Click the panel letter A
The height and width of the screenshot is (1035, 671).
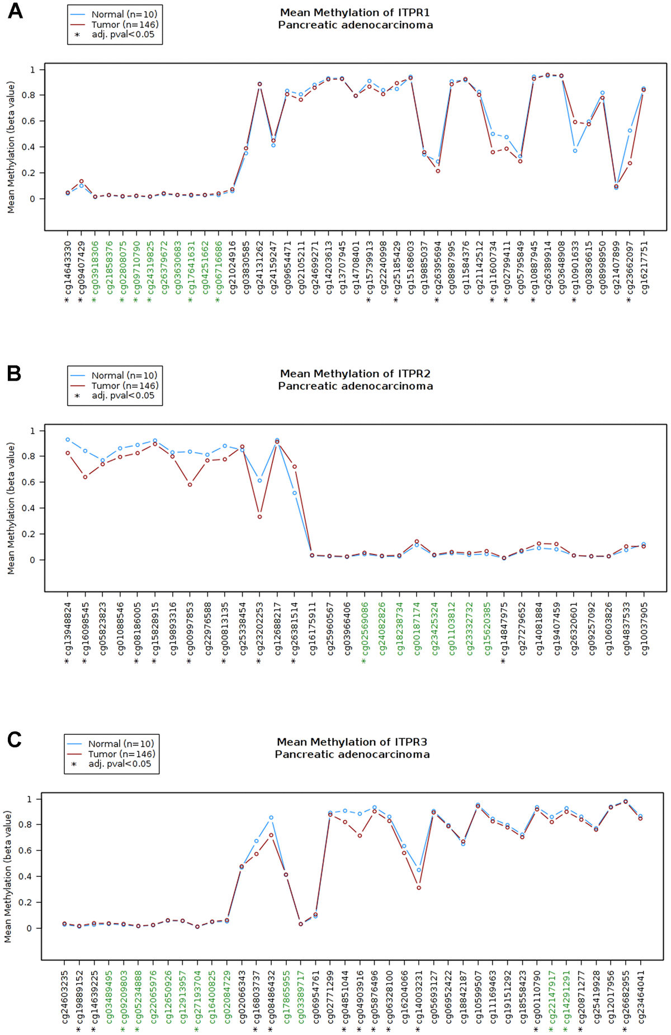pos(15,11)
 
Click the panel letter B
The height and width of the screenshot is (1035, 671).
pos(14,373)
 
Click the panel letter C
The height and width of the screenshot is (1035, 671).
pos(14,739)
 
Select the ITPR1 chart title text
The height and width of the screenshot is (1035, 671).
pos(355,18)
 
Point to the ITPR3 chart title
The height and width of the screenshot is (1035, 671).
pos(352,748)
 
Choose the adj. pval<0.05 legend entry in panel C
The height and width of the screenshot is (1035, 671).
pos(119,763)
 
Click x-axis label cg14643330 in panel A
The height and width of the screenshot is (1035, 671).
pos(68,267)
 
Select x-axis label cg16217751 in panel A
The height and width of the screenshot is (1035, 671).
pos(644,267)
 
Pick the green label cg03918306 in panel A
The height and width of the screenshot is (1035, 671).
pos(95,267)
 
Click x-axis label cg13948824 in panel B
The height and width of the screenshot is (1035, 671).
pos(68,628)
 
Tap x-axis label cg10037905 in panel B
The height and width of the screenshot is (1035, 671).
pos(644,628)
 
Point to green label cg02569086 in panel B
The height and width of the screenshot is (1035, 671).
pos(365,628)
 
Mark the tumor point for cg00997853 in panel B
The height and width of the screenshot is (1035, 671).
pos(190,485)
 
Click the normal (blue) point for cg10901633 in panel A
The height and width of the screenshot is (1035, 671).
pos(575,151)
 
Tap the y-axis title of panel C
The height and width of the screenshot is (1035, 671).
pos(8,877)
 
